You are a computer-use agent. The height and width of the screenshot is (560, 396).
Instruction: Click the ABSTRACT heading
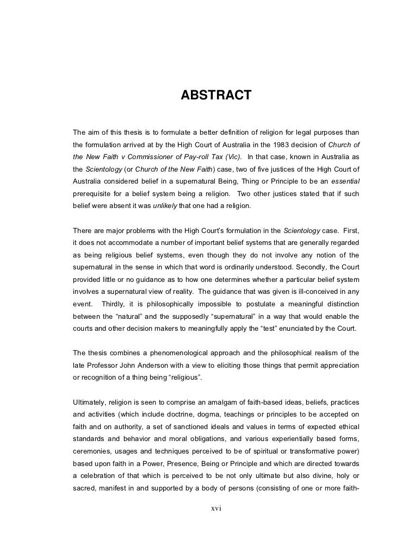pos(216,96)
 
